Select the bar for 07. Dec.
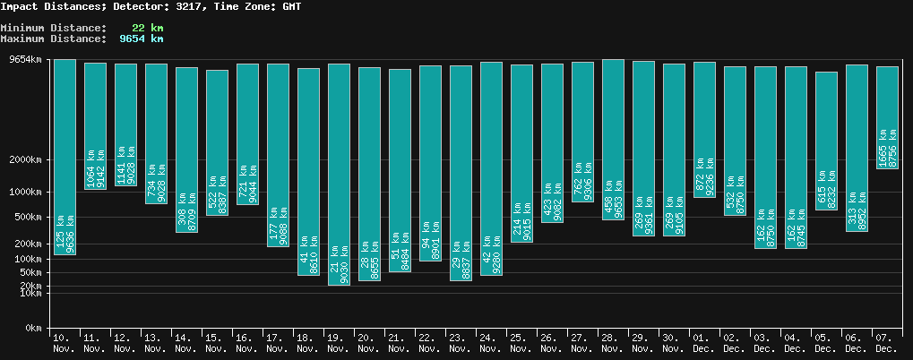click(x=887, y=117)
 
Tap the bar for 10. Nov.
click(x=65, y=157)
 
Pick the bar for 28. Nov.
click(x=613, y=139)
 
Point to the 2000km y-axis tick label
click(x=25, y=160)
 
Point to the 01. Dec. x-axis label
click(x=704, y=342)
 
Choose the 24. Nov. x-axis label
click(x=491, y=342)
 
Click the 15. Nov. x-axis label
click(x=217, y=342)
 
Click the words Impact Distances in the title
click(x=53, y=6)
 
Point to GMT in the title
click(x=291, y=6)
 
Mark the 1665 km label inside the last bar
click(x=882, y=145)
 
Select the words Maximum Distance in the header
click(x=53, y=39)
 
